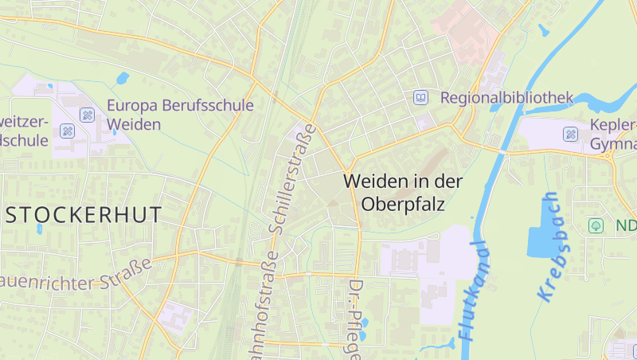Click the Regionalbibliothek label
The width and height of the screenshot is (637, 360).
point(506,98)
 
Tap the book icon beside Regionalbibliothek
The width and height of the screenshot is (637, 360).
point(420,98)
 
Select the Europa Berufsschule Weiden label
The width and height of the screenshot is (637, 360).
point(180,115)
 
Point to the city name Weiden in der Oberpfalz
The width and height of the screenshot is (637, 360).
point(403,192)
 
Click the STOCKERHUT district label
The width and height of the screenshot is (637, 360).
point(83,214)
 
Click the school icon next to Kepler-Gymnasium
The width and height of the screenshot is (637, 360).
point(571,134)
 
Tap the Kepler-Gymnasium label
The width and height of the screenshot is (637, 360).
point(613,135)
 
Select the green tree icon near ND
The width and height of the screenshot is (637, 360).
point(596,225)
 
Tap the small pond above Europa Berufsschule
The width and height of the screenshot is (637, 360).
point(123,78)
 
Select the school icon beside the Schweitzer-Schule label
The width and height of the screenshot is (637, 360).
point(67,130)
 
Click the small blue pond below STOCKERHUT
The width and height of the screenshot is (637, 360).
point(39,229)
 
